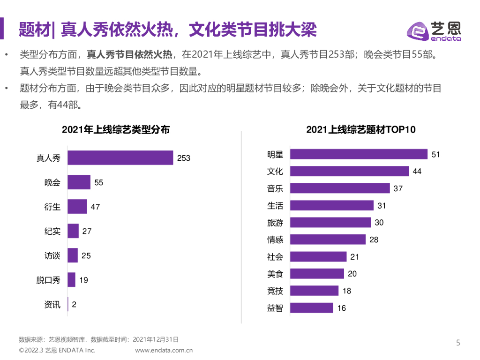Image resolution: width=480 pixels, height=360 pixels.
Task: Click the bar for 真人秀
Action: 120,158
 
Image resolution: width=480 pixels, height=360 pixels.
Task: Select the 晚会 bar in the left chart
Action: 79,182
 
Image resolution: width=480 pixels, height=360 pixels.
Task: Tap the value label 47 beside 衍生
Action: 95,207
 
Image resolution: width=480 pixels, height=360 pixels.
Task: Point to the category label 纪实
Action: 52,231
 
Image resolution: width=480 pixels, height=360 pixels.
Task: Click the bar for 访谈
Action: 73,255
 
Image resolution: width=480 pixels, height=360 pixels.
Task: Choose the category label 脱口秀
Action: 48,280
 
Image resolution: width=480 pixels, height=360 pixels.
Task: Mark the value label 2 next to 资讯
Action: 74,305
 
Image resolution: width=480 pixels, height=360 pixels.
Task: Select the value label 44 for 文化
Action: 417,172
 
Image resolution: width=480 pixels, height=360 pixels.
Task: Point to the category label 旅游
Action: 275,223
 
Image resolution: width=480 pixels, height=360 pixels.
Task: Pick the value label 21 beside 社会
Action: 355,256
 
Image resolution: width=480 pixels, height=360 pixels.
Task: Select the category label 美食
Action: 275,274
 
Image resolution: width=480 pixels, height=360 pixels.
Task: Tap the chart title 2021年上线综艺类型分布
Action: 115,130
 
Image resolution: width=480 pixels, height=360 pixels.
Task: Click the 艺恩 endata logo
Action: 434,31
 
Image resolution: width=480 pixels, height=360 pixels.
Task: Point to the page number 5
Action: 458,343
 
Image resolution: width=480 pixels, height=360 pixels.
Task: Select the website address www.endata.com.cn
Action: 164,350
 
